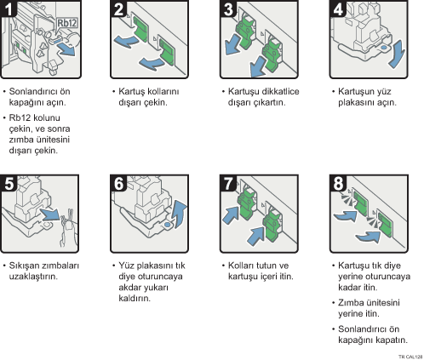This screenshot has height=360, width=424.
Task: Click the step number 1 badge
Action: [9, 9]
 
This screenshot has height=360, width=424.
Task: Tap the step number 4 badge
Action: [338, 9]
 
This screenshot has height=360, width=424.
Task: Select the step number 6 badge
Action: [118, 183]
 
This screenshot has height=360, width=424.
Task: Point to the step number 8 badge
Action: [338, 183]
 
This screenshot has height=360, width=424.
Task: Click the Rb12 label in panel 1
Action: [67, 23]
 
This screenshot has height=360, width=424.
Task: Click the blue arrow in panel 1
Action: [67, 50]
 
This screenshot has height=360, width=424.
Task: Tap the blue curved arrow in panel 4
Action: [398, 54]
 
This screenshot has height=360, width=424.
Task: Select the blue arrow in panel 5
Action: [50, 214]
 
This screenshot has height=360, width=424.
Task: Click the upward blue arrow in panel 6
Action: [180, 214]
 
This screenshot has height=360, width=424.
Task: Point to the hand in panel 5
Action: [68, 230]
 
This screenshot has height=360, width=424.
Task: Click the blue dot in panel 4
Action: [383, 48]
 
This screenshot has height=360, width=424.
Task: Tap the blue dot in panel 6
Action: [168, 225]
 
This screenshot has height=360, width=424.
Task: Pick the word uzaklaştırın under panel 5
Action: [33, 277]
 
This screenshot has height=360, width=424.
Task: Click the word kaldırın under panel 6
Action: [135, 298]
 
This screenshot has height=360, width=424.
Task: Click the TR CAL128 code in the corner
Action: [410, 357]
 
